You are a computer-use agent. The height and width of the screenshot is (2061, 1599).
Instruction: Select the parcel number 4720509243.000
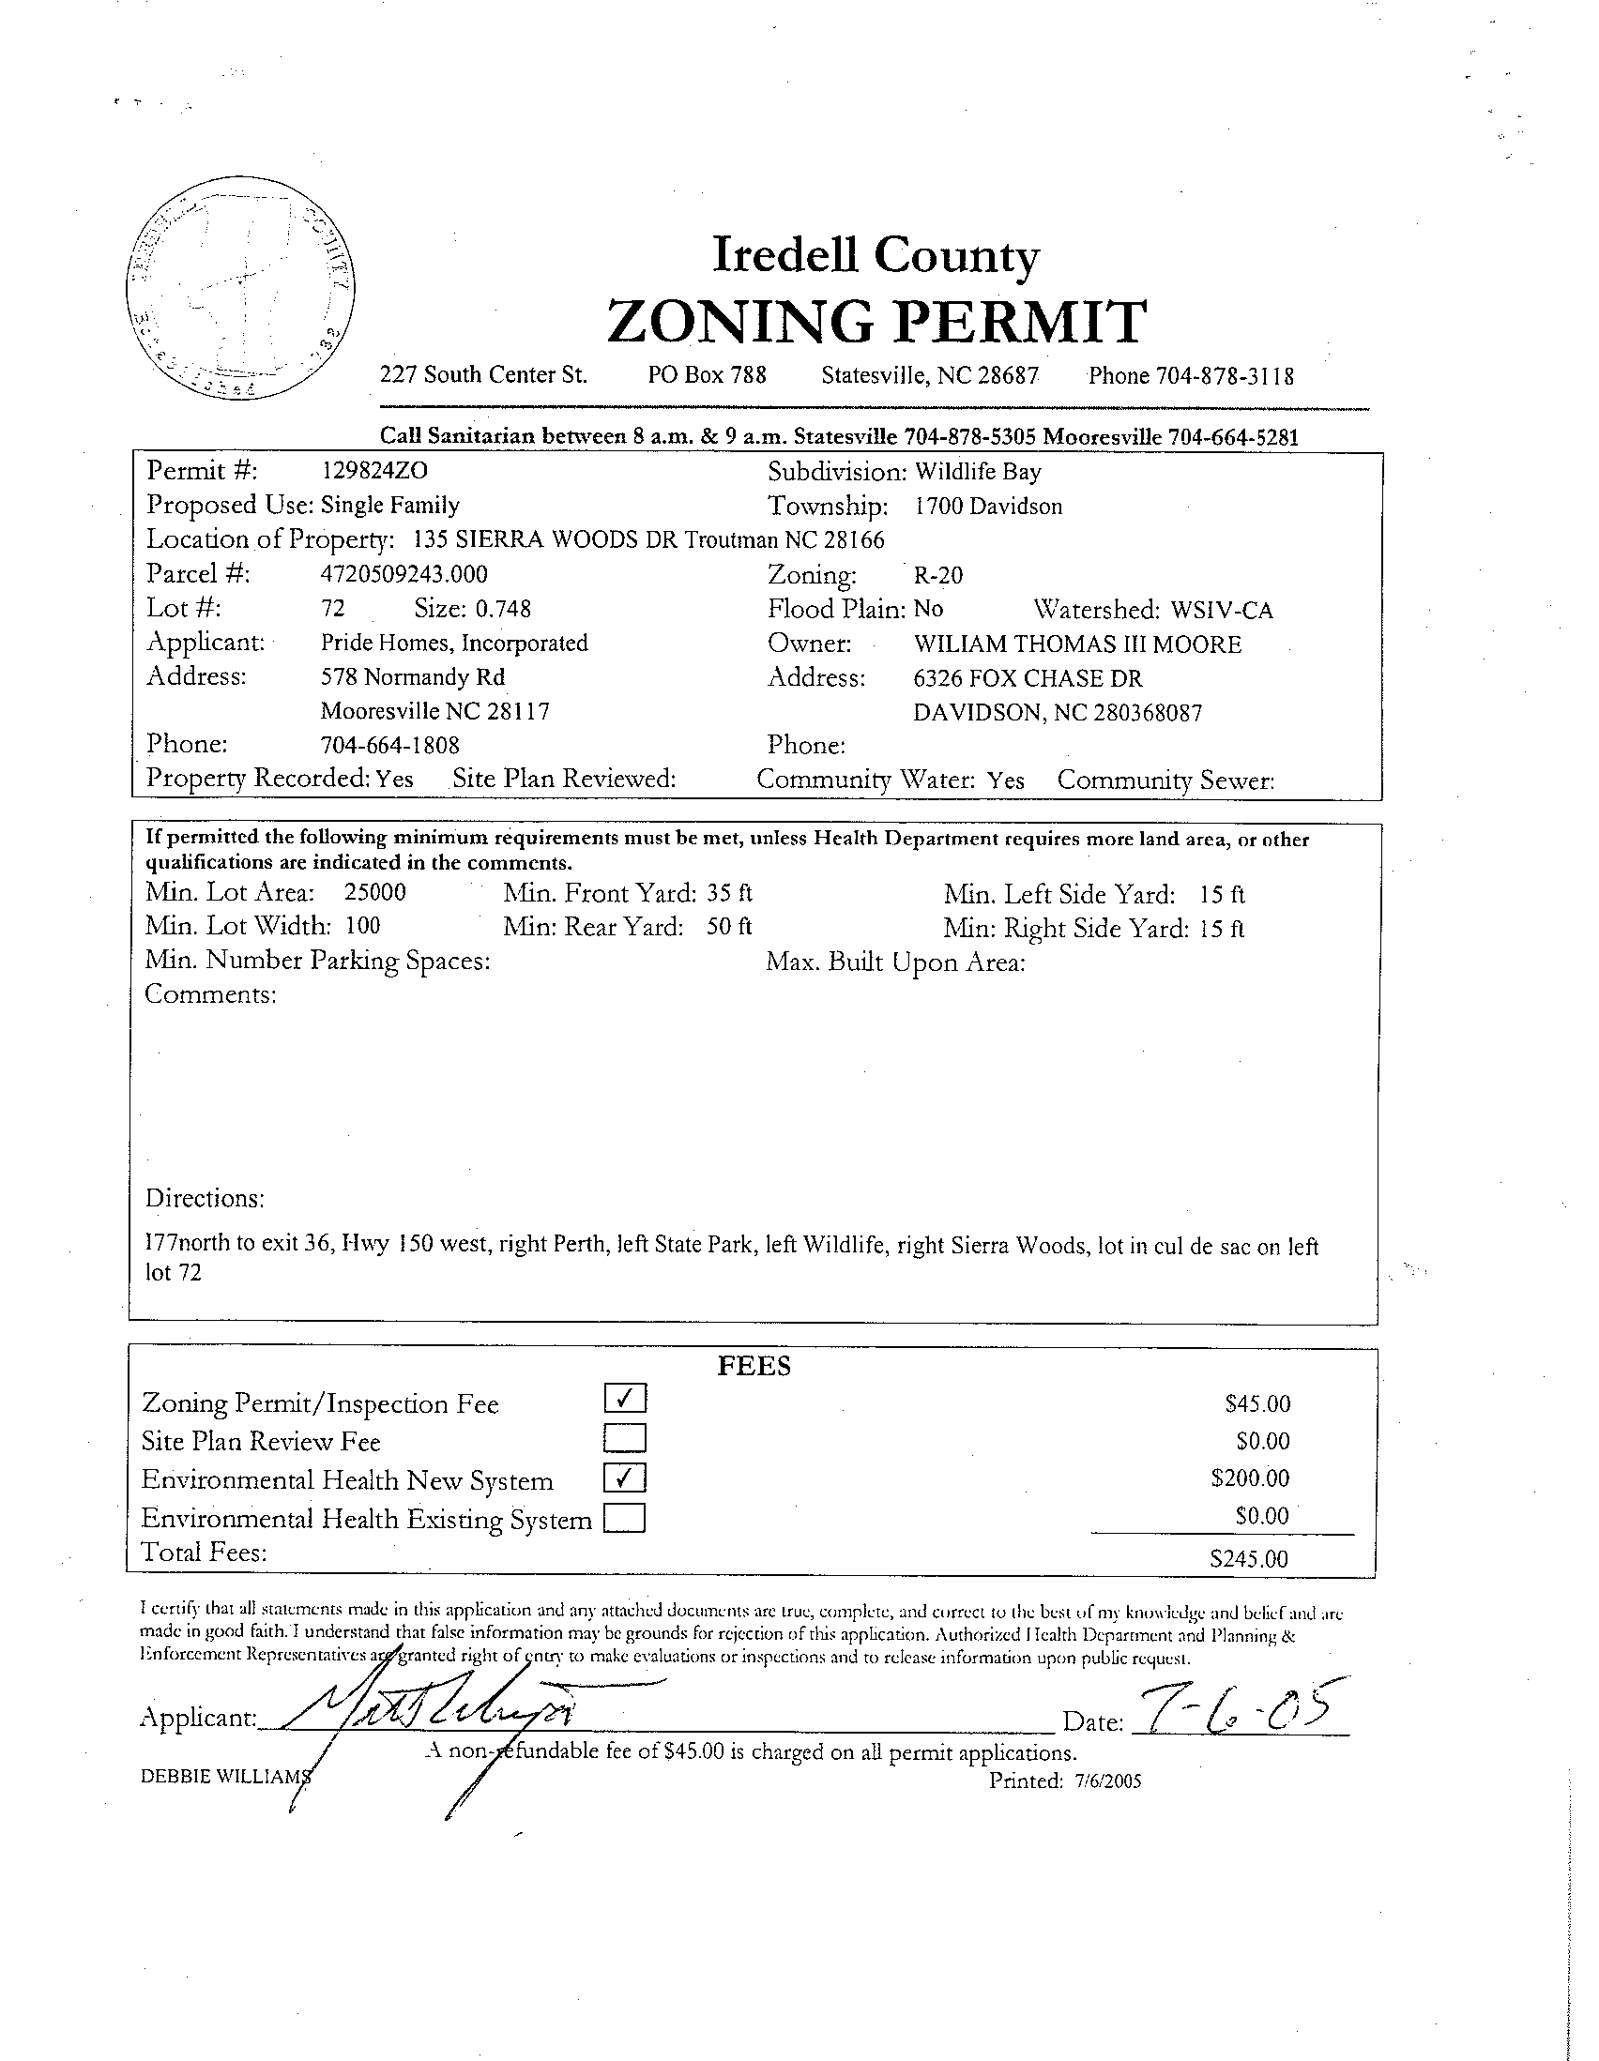click(404, 574)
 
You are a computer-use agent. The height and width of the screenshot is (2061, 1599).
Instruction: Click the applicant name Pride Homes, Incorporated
click(454, 644)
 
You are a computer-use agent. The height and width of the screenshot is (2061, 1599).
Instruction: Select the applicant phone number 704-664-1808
click(389, 746)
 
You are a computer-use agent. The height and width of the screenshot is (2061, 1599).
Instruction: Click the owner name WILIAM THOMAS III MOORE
click(1077, 644)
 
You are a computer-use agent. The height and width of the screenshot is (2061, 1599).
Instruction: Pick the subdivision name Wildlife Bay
click(978, 471)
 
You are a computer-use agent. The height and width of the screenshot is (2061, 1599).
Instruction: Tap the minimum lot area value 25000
click(374, 893)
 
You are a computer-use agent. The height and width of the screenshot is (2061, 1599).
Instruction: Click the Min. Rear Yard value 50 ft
click(729, 927)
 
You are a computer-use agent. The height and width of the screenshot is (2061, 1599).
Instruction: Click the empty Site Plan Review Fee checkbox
click(625, 1437)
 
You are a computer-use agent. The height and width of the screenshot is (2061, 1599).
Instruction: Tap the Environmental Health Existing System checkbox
click(625, 1518)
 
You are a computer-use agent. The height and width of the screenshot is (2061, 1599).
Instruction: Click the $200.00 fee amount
click(1250, 1478)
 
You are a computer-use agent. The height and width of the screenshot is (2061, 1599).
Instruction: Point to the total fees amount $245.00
click(1248, 1559)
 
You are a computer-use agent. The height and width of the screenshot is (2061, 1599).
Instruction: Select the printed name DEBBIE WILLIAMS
click(224, 1777)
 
